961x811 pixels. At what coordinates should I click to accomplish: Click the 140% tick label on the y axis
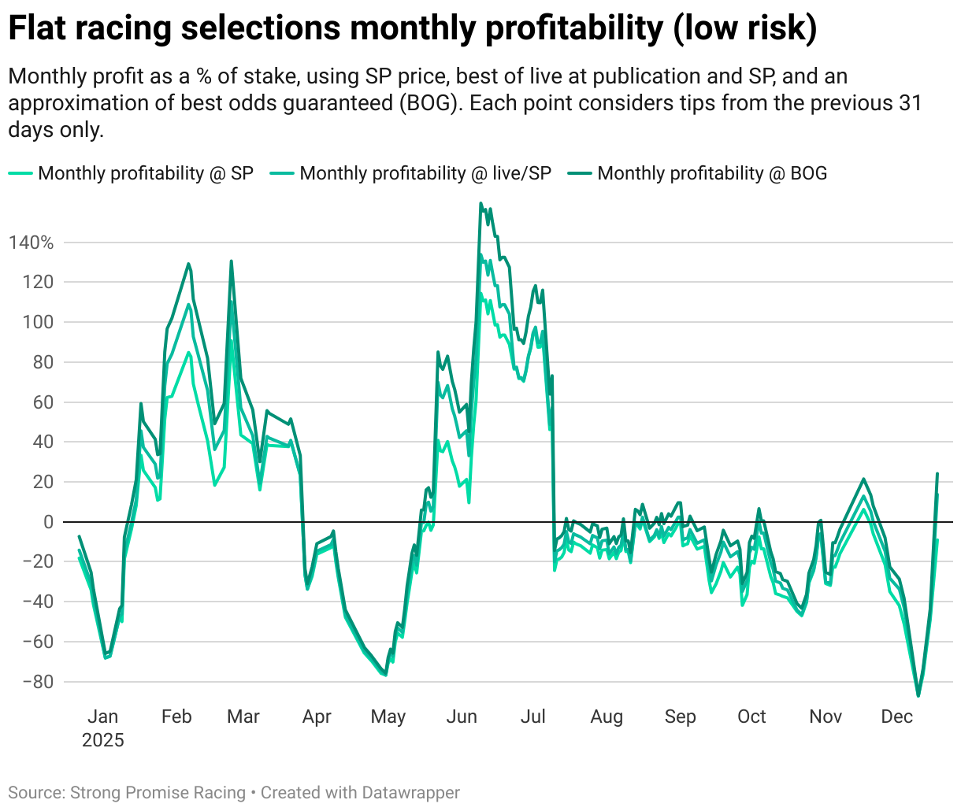(32, 243)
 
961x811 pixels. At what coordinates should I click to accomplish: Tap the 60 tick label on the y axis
(43, 402)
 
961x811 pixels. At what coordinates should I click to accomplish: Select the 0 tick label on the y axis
(49, 522)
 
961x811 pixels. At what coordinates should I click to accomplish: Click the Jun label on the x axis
(462, 717)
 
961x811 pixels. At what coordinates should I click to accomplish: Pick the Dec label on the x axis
(896, 717)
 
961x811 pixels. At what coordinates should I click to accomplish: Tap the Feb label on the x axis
(176, 717)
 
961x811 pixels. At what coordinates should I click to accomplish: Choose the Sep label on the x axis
(680, 717)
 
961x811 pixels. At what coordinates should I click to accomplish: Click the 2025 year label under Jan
(103, 740)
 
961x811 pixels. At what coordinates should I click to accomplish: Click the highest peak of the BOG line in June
(480, 203)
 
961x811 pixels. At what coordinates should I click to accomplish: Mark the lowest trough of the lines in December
(918, 695)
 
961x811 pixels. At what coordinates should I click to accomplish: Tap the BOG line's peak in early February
(188, 264)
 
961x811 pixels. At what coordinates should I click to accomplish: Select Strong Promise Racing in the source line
(158, 793)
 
